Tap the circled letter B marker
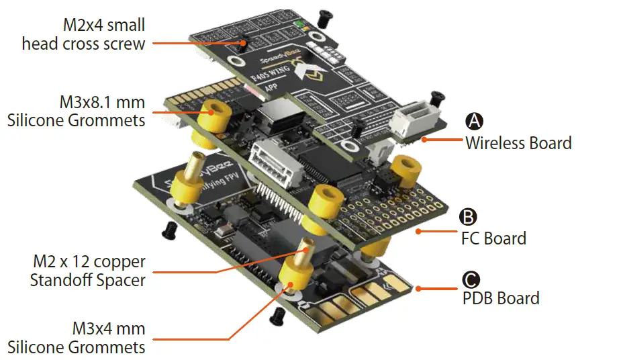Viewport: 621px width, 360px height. point(467,216)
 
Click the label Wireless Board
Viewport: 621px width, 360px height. point(518,142)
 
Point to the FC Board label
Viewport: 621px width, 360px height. point(493,238)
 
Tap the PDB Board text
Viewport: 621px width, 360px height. point(501,298)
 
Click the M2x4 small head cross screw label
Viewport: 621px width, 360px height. point(83,35)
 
